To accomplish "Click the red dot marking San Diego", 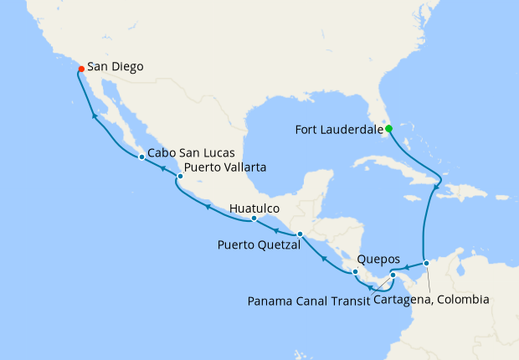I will coord(80,69).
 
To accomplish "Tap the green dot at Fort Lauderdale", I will coord(388,129).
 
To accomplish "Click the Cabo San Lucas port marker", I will coord(141,157).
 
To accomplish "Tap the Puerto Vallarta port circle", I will coord(180,177).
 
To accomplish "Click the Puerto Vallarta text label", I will coord(226,167).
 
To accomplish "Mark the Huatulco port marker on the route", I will coord(254,219).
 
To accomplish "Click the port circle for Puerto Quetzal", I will coord(300,234).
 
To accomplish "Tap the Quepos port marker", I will coord(355,271).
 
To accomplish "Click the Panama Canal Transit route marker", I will coord(393,275).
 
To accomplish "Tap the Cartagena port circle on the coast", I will coord(426,263).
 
